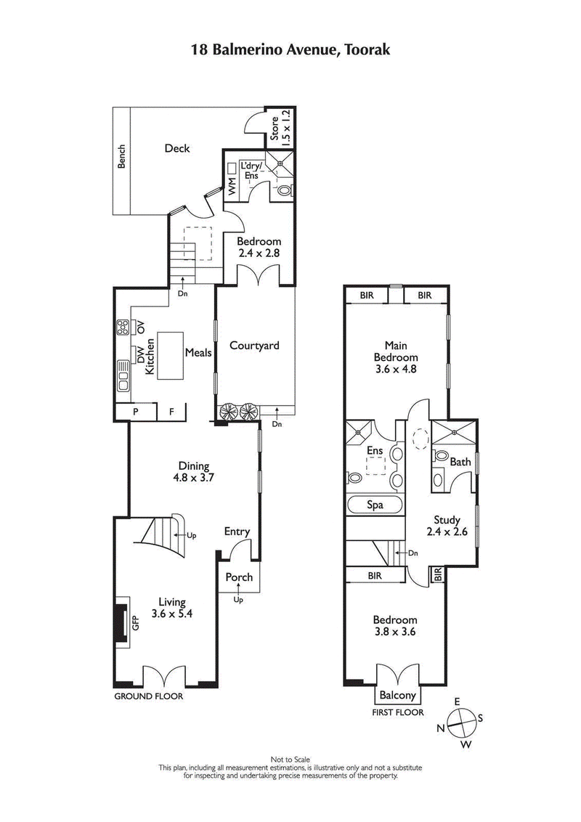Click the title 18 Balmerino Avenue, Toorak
tap(290, 49)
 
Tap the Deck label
tap(176, 148)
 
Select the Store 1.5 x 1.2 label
tap(280, 125)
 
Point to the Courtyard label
tap(254, 346)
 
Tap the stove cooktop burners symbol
tap(121, 328)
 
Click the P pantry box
tap(136, 412)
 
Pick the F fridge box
tap(172, 412)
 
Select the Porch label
tap(240, 577)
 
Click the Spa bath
tap(375, 505)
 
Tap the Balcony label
tap(397, 694)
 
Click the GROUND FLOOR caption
tap(149, 696)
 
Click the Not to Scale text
tap(290, 760)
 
